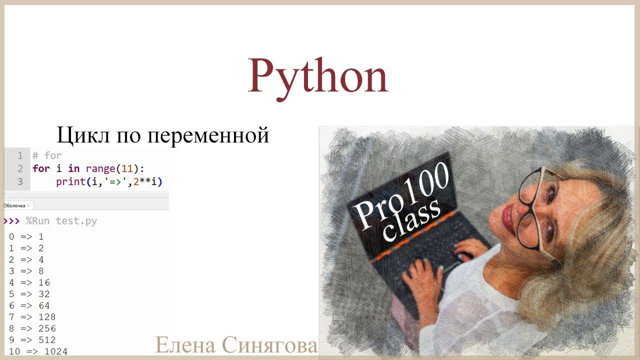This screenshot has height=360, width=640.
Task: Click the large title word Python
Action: pyautogui.click(x=318, y=76)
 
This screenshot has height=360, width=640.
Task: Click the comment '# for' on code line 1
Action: pyautogui.click(x=47, y=155)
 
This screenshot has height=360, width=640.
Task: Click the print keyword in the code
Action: pyautogui.click(x=70, y=181)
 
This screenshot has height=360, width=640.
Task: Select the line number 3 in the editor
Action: pyautogui.click(x=20, y=181)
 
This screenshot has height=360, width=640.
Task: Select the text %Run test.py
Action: pyautogui.click(x=61, y=221)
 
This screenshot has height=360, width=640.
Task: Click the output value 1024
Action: pyautogui.click(x=56, y=351)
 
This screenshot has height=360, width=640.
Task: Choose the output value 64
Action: pyautogui.click(x=44, y=305)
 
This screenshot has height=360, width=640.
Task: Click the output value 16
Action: pyautogui.click(x=44, y=282)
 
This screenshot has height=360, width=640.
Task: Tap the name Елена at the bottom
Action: pyautogui.click(x=185, y=345)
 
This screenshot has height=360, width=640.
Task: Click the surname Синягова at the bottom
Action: pyautogui.click(x=269, y=345)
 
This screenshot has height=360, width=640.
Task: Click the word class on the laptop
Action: pyautogui.click(x=413, y=220)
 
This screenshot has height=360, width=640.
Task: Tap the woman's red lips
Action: pyautogui.click(x=508, y=216)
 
